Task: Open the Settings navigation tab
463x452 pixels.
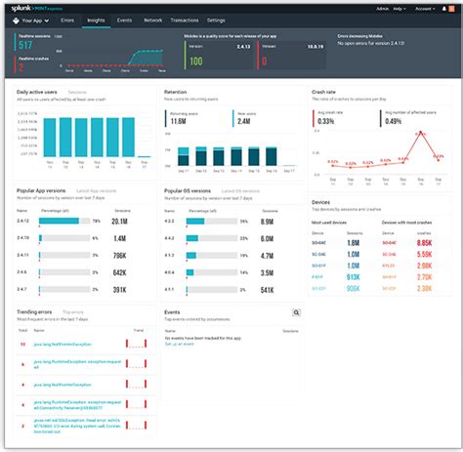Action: tap(216, 20)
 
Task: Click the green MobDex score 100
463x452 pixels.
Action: tap(195, 62)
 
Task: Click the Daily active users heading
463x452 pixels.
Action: tap(38, 91)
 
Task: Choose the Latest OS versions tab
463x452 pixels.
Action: tap(237, 191)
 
